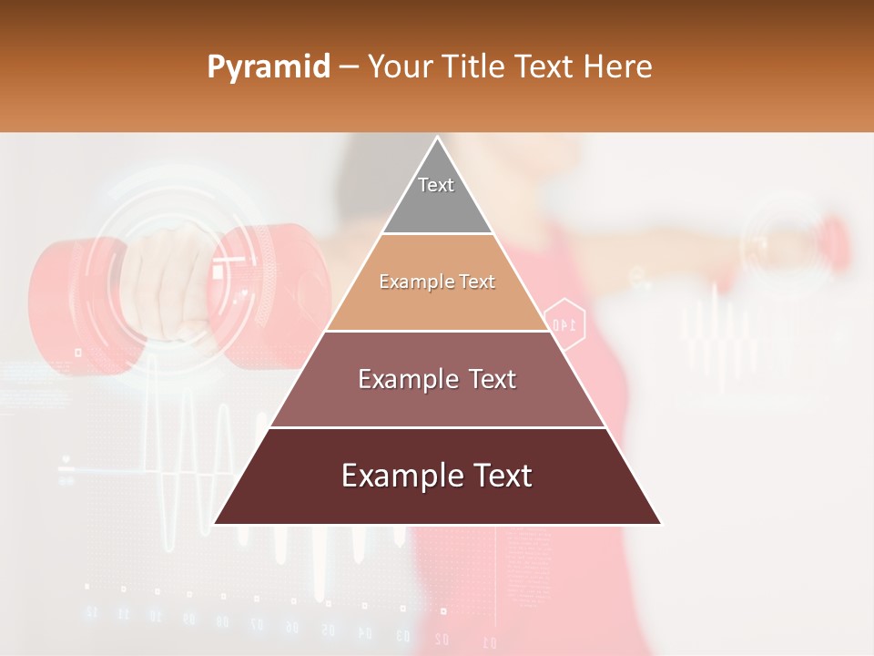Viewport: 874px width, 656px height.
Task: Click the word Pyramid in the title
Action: (x=268, y=67)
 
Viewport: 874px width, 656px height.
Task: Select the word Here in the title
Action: (x=618, y=67)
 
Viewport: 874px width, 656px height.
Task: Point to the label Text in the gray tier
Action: (x=436, y=185)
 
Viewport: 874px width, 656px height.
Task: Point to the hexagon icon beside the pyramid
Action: (x=564, y=322)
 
